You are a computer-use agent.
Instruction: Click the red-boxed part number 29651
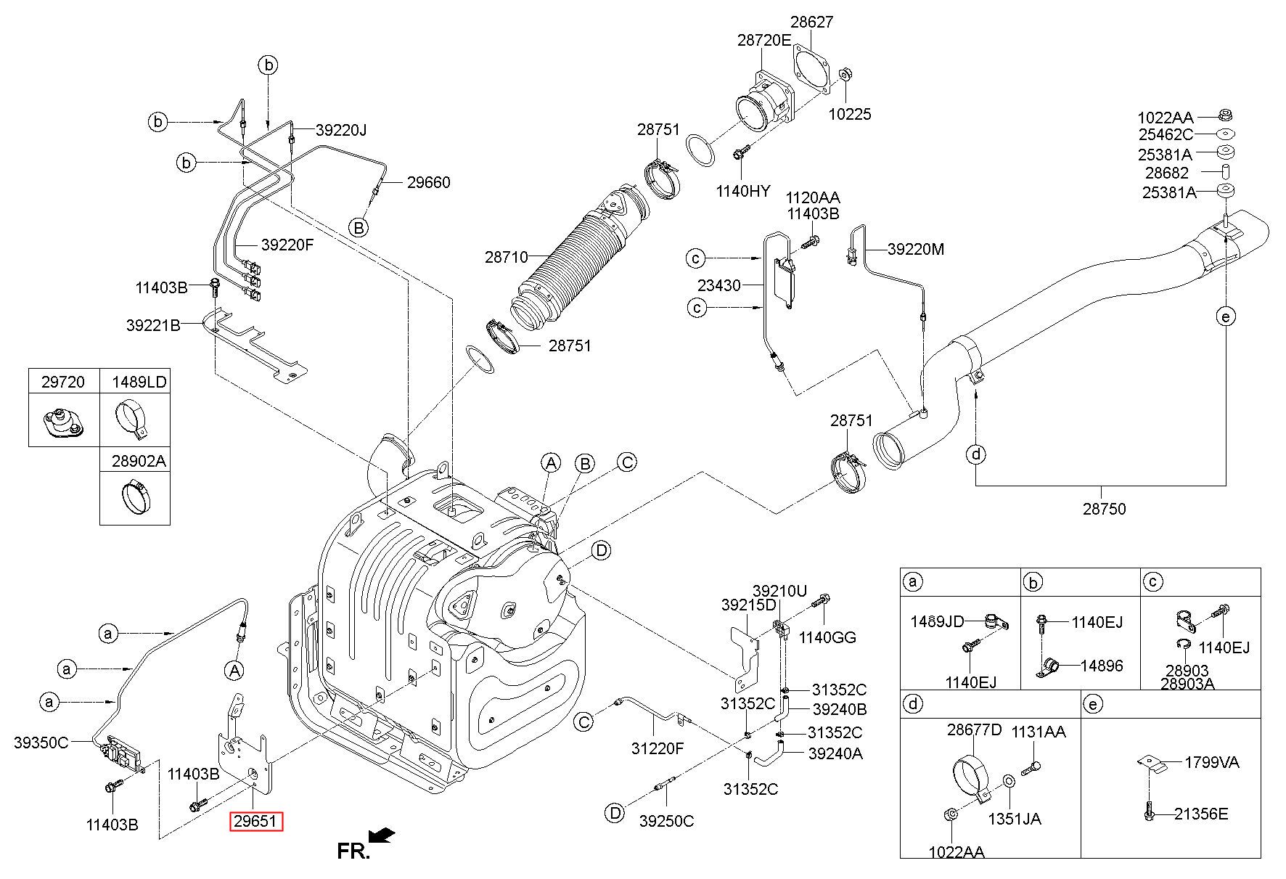256,822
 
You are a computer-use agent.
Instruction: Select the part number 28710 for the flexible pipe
507,257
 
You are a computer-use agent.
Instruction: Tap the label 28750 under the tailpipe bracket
1104,509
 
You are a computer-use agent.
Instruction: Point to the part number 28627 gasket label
811,22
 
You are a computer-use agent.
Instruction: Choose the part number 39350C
41,742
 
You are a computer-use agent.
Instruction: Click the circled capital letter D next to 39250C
615,812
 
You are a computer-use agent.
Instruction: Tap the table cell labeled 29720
63,382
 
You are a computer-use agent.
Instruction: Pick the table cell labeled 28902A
138,460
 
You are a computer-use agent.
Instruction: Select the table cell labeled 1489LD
138,382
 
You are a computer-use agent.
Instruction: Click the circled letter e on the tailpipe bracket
1225,316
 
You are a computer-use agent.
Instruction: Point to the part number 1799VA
1212,762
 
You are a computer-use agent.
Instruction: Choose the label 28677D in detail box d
974,730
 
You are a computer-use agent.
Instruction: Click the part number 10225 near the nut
851,114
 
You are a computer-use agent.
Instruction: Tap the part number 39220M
916,249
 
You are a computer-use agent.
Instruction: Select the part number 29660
428,182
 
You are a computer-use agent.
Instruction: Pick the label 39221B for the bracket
153,325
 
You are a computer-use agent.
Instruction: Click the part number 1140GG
827,637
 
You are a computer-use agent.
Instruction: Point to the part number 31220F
658,748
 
